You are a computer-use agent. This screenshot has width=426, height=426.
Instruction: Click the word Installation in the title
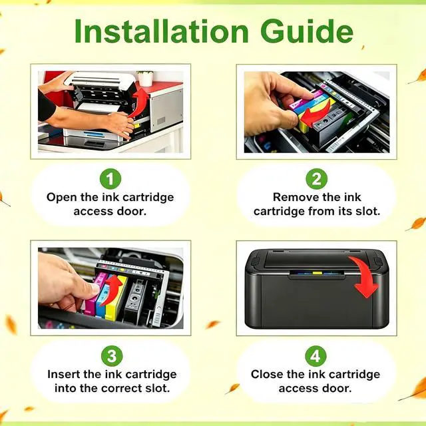pyautogui.click(x=161, y=31)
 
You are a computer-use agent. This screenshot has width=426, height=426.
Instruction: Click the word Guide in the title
pyautogui.click(x=307, y=31)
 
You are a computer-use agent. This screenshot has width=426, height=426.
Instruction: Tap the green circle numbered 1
pyautogui.click(x=110, y=179)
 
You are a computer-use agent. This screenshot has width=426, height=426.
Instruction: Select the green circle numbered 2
pyautogui.click(x=317, y=179)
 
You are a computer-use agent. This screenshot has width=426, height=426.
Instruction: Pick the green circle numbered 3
pyautogui.click(x=112, y=356)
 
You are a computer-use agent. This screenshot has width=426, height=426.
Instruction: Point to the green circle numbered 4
pyautogui.click(x=316, y=356)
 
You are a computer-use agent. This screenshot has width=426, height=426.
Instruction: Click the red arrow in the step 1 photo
pyautogui.click(x=138, y=103)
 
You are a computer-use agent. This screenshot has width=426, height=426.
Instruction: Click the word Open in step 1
pyautogui.click(x=62, y=198)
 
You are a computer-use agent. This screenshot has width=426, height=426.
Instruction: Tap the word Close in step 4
pyautogui.click(x=267, y=374)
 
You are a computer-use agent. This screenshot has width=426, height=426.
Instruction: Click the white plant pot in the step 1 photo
pyautogui.click(x=146, y=79)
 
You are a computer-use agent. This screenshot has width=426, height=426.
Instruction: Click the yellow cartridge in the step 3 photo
pyautogui.click(x=116, y=298)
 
